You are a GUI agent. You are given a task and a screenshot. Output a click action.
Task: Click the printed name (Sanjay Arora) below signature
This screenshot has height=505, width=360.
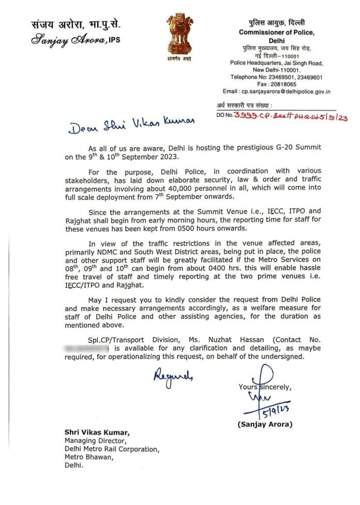pyautogui.click(x=265, y=425)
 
